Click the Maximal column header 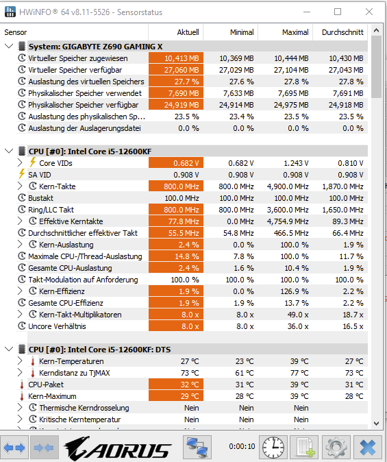coord(295,32)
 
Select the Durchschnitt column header coord(342,32)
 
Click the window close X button coord(369,12)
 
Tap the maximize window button coord(338,12)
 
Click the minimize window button coord(307,12)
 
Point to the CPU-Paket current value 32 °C coord(190,385)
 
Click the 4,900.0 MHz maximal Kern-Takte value coord(288,186)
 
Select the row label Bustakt coord(40,198)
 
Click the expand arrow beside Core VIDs coord(20,162)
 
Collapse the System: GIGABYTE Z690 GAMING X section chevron coord(9,46)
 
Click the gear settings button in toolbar coord(336,448)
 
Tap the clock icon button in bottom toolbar coord(273,448)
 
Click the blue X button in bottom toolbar coord(368,448)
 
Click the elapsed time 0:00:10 coord(242,446)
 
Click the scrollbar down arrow coord(376,424)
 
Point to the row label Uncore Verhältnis coord(57,326)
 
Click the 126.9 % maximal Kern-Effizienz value coord(295,291)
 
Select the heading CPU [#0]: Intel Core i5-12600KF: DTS coord(99,350)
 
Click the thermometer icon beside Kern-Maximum coord(21,396)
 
